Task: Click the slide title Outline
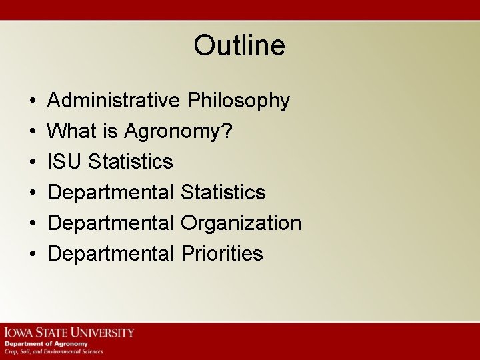(239, 45)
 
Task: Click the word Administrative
(113, 101)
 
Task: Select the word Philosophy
(238, 101)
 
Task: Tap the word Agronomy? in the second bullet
(179, 131)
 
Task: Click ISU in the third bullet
(65, 162)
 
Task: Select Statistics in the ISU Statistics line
(131, 162)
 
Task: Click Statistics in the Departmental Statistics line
(223, 193)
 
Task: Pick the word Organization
(241, 223)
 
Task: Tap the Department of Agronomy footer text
(46, 344)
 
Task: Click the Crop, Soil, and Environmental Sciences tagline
(54, 351)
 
